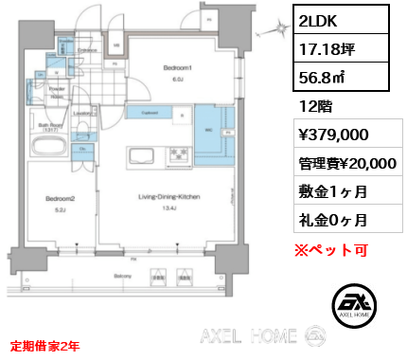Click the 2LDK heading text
322,19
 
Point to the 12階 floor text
315,109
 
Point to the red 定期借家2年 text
45,347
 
